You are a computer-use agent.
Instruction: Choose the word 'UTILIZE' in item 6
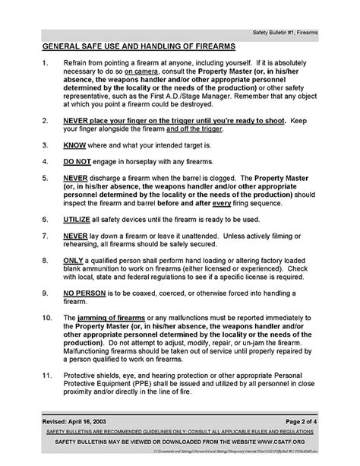click(x=80, y=218)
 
